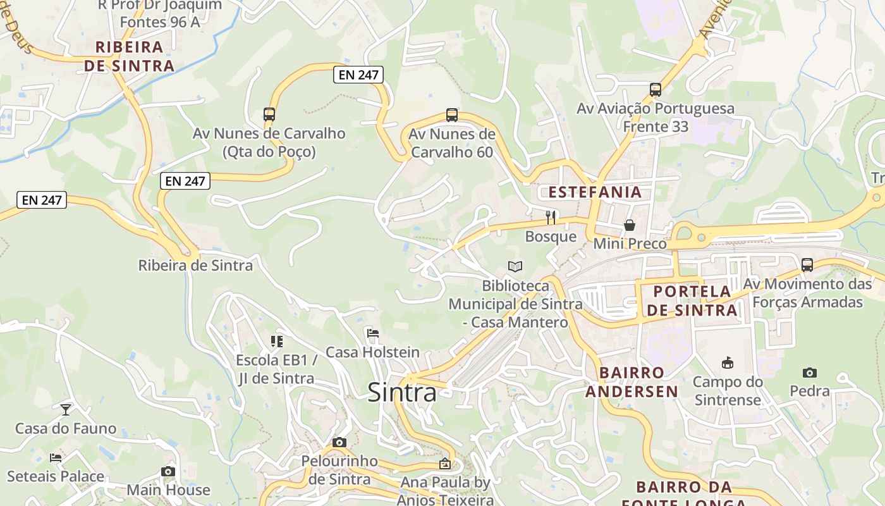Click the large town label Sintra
click(x=401, y=393)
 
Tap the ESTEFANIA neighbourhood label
click(x=595, y=192)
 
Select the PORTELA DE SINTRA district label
click(x=692, y=301)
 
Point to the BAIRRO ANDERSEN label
click(x=632, y=382)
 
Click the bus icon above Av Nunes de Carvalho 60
click(x=451, y=115)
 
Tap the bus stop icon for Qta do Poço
click(x=269, y=114)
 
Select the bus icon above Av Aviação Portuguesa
click(x=656, y=90)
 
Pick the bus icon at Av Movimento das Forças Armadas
click(x=807, y=265)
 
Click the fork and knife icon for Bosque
click(x=551, y=218)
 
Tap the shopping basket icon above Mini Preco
click(x=630, y=225)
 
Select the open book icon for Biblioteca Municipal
click(x=515, y=267)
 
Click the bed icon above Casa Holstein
click(x=372, y=333)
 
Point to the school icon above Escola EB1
click(x=276, y=342)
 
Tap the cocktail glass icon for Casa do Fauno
click(x=66, y=409)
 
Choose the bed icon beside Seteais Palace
click(x=56, y=457)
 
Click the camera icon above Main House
click(x=168, y=471)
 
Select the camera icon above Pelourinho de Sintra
click(x=339, y=442)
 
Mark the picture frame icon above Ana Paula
click(x=445, y=464)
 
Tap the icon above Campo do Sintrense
click(x=727, y=363)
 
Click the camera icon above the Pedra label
click(x=809, y=373)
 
